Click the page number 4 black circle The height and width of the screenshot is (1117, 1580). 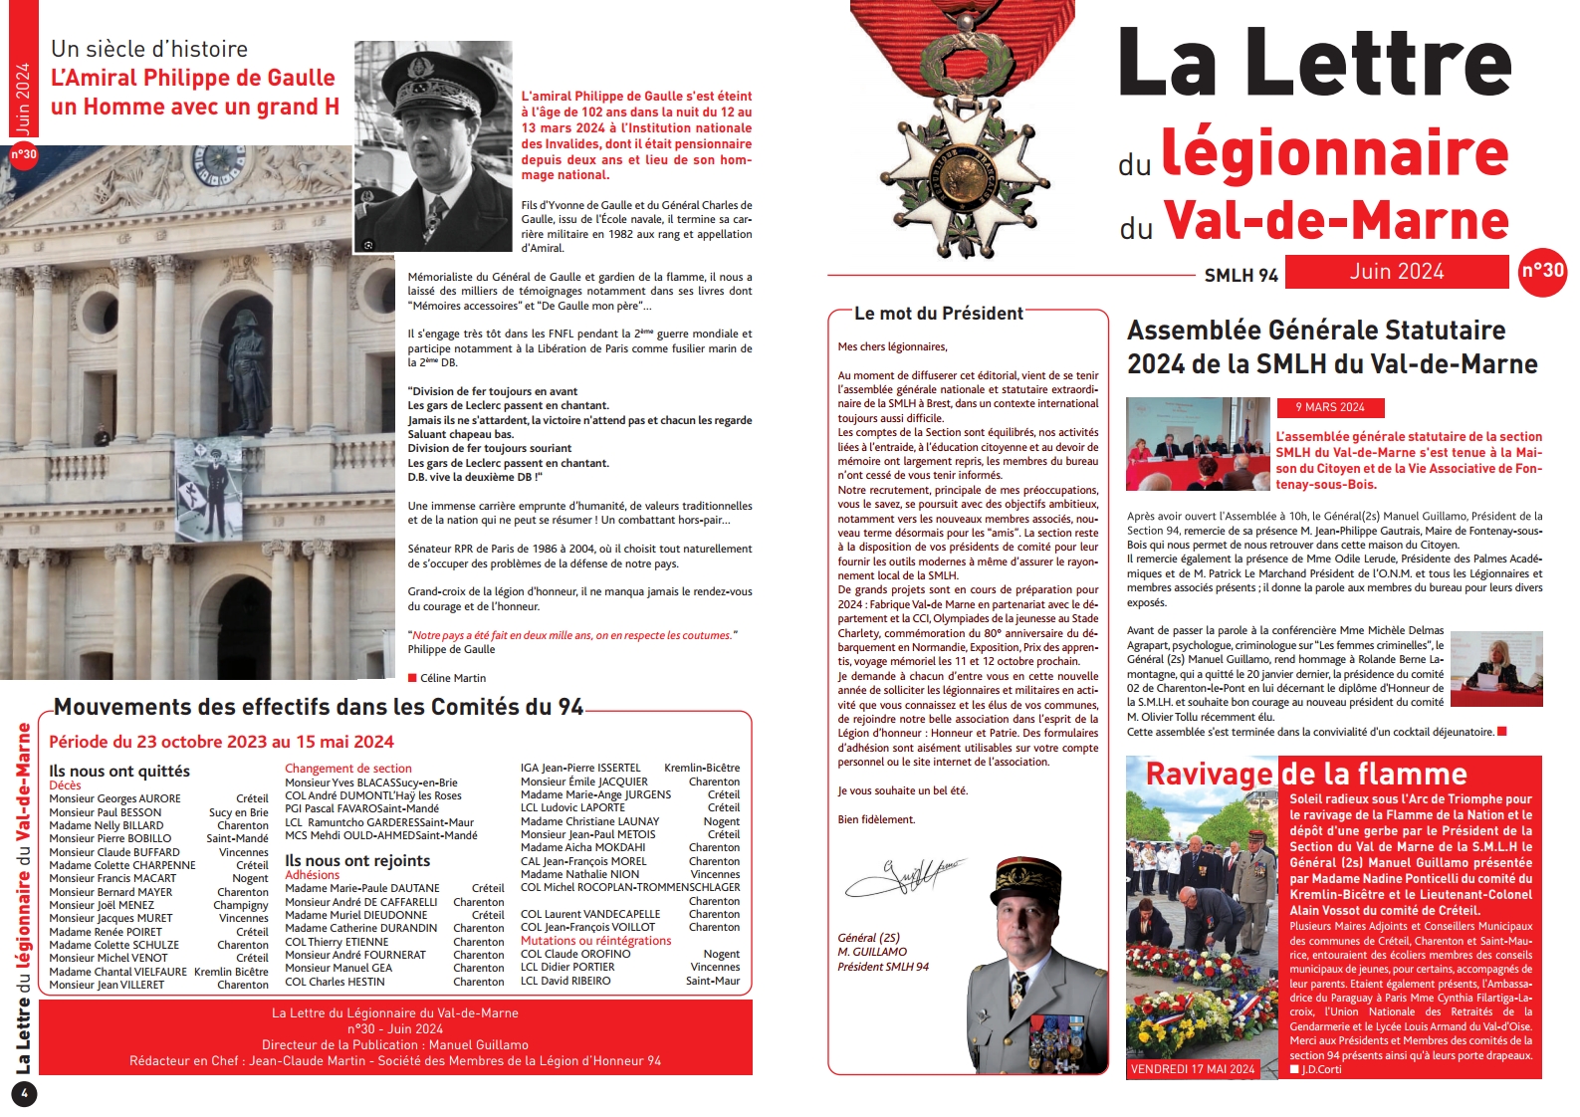point(24,1094)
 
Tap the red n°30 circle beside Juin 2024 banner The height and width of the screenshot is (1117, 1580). point(1542,271)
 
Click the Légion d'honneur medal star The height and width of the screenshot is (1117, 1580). point(964,179)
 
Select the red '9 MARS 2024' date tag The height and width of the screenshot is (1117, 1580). point(1329,407)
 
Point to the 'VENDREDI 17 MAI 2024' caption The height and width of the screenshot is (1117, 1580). point(1193,1069)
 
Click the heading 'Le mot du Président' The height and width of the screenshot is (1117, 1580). point(938,314)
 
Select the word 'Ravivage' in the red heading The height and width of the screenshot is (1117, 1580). point(1209,774)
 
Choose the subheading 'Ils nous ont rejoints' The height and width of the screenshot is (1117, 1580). point(357,861)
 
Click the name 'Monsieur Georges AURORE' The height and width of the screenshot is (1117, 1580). point(115,798)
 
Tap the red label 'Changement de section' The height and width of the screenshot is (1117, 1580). point(348,769)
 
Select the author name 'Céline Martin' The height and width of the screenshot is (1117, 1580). point(453,678)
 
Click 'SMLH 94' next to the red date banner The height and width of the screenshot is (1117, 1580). point(1241,275)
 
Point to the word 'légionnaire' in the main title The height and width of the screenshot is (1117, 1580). point(1334,152)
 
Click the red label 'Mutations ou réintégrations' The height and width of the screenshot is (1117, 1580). point(595,941)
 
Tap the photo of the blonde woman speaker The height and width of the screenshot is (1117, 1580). point(1496,669)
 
